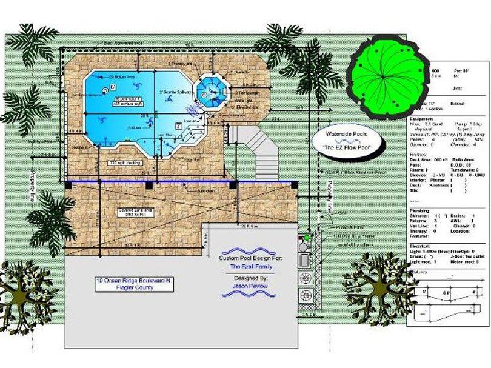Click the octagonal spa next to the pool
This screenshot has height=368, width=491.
tap(212, 92)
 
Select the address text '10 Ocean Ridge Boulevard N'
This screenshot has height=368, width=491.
tap(125, 281)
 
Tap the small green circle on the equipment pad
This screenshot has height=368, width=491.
tap(307, 237)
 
